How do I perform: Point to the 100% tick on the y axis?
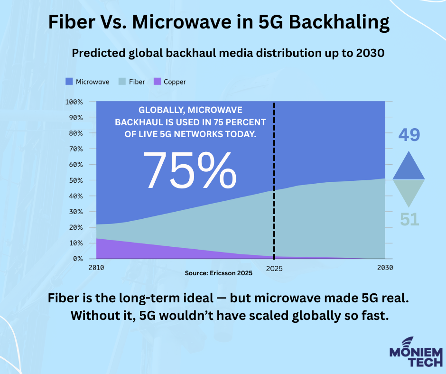click(x=74, y=102)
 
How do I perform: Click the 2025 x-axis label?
click(x=274, y=268)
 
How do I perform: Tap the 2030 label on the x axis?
click(x=385, y=268)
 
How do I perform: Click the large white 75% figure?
click(x=189, y=170)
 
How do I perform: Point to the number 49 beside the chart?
click(x=409, y=135)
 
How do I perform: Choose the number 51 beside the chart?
click(x=409, y=219)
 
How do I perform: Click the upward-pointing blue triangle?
click(x=409, y=166)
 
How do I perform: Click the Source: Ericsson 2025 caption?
click(x=218, y=273)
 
